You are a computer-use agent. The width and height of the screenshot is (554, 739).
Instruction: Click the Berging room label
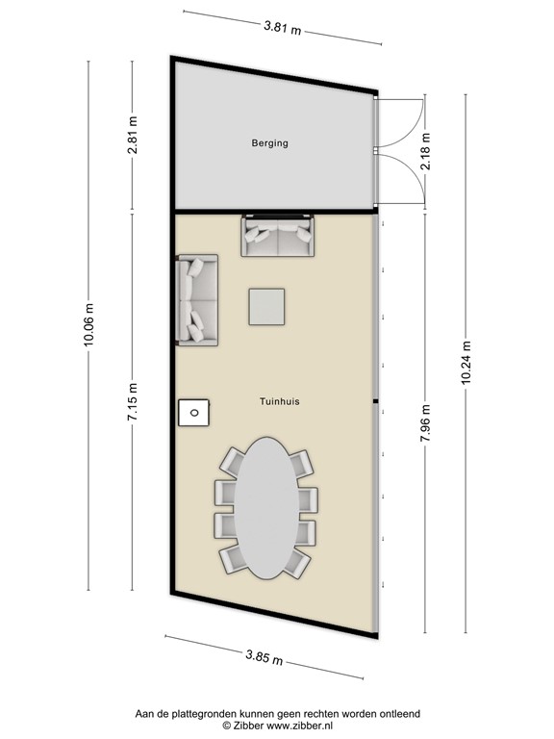click(269, 143)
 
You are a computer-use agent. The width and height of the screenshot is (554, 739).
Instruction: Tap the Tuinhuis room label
click(279, 404)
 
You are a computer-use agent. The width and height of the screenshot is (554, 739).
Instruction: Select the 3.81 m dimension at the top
click(282, 28)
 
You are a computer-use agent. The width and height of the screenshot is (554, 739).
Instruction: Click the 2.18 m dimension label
click(425, 154)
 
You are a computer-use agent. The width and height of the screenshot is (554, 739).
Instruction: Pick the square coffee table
click(266, 307)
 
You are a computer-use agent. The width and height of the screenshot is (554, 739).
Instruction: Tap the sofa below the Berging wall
click(277, 237)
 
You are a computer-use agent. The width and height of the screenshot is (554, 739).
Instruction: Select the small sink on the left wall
click(194, 412)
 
